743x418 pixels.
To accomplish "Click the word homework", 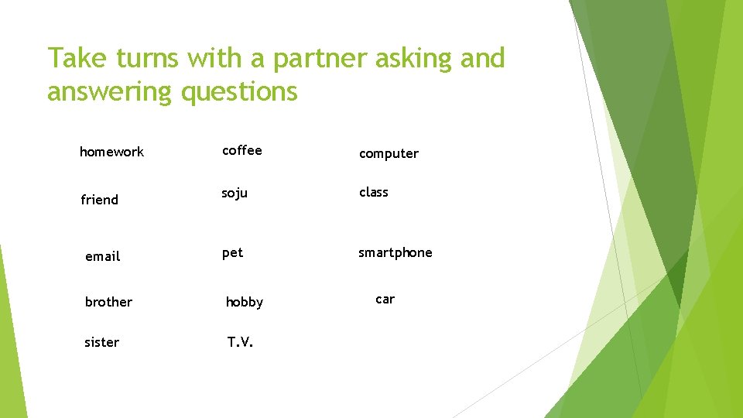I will (x=111, y=152).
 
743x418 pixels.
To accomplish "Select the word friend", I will (x=100, y=200).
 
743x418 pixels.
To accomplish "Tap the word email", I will (x=102, y=256).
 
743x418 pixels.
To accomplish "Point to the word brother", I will (x=108, y=302).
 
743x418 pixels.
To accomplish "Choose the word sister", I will (x=101, y=342).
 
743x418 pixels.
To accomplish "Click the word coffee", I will (x=241, y=151).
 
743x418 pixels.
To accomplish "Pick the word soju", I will (x=235, y=193).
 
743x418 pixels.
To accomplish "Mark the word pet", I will (x=232, y=252).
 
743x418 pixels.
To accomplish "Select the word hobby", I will (x=244, y=303).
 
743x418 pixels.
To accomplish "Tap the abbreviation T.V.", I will (x=240, y=342).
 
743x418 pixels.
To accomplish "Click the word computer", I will (x=389, y=154).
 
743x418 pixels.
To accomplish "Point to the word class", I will (x=373, y=192).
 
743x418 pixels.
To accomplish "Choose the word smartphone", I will (x=395, y=252).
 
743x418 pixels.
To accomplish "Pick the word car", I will (x=385, y=299).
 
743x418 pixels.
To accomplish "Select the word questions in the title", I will (x=239, y=92).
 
